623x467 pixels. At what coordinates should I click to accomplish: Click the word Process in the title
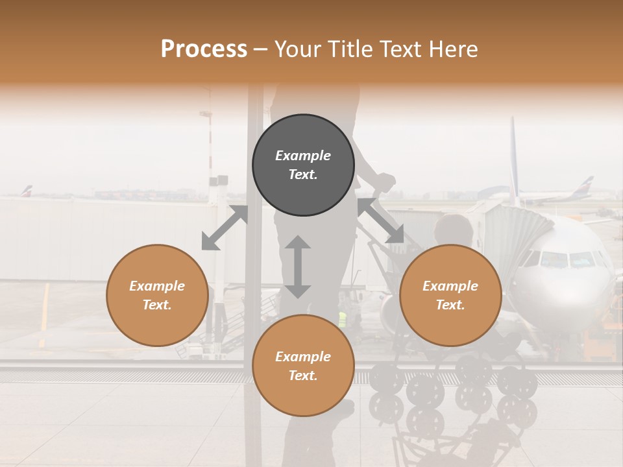click(204, 49)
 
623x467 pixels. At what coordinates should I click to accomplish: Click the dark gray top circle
click(303, 165)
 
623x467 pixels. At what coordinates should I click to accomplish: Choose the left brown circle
click(157, 295)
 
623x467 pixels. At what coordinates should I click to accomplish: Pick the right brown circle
click(450, 295)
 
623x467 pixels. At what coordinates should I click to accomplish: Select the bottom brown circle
click(303, 366)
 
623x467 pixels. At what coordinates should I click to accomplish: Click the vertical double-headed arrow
click(298, 267)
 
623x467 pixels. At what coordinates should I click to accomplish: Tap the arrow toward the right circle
click(381, 221)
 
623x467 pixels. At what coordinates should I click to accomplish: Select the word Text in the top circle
click(303, 174)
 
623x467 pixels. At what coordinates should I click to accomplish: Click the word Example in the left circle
click(157, 286)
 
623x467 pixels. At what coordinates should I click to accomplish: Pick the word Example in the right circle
click(450, 286)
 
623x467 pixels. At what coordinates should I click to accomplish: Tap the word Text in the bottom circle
click(303, 376)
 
